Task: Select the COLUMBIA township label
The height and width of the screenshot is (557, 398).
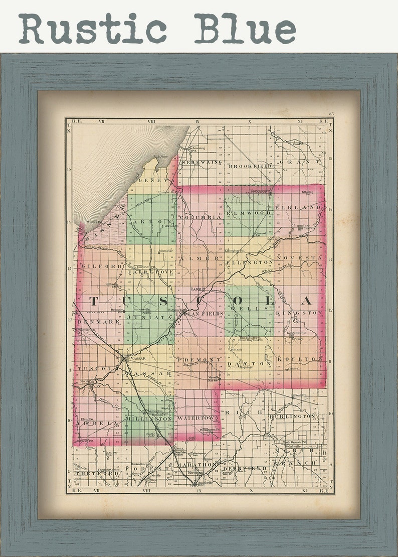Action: pyautogui.click(x=200, y=217)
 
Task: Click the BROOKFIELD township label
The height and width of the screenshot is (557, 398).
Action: pyautogui.click(x=249, y=166)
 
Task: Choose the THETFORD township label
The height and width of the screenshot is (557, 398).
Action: pyautogui.click(x=90, y=473)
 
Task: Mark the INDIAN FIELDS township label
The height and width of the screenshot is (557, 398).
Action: pyautogui.click(x=204, y=313)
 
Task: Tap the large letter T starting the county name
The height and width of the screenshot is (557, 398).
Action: pyautogui.click(x=93, y=301)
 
